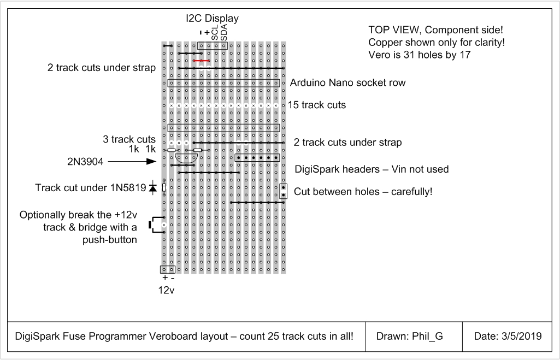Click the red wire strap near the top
(x=201, y=61)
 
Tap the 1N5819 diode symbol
(x=153, y=187)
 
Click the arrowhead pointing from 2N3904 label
(x=151, y=162)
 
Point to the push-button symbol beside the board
(x=154, y=225)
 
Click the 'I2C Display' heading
(x=212, y=18)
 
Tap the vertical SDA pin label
(x=223, y=32)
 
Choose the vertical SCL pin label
(x=215, y=32)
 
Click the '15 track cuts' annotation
(x=317, y=105)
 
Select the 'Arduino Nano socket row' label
(x=347, y=83)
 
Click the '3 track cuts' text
(x=129, y=139)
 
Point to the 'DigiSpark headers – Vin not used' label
(x=372, y=169)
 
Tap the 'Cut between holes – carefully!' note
(x=363, y=192)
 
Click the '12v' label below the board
(x=167, y=291)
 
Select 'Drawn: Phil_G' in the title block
(x=409, y=336)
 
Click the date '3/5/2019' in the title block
(x=521, y=336)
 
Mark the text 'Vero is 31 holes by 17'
(x=420, y=55)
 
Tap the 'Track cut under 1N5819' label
(x=91, y=188)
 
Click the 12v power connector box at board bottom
(x=168, y=269)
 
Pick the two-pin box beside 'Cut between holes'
(x=283, y=191)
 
